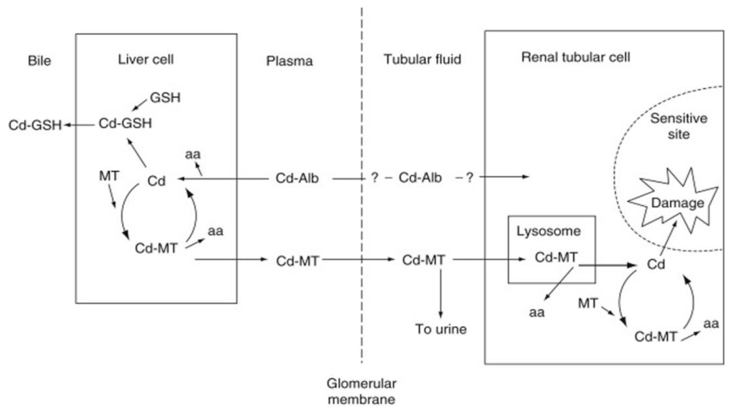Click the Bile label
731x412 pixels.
40,61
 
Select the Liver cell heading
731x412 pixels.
146,60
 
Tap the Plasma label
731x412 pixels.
289,61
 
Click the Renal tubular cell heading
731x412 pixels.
575,57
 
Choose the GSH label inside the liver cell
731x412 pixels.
165,98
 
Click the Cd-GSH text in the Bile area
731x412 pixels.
35,125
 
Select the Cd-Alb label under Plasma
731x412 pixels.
297,178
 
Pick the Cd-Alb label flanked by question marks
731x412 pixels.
420,178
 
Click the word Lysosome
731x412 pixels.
548,231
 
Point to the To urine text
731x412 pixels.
441,329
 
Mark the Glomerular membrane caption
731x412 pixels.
361,392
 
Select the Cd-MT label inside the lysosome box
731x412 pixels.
556,257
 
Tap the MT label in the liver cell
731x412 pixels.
109,176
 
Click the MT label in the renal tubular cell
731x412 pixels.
588,303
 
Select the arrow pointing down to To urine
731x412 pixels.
441,294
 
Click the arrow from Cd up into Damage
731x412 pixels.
668,238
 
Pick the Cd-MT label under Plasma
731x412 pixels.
297,261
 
